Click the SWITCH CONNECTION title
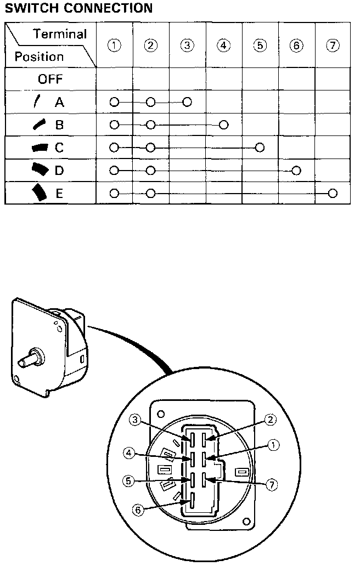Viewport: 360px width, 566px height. point(78,8)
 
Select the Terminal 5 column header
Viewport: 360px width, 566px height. point(260,46)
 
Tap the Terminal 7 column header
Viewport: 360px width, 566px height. point(333,46)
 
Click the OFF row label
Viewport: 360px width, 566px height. point(50,79)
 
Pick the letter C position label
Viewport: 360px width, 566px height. point(59,148)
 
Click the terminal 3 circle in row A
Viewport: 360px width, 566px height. point(187,102)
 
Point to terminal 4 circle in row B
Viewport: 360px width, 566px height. point(223,124)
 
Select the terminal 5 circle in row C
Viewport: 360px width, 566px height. point(260,148)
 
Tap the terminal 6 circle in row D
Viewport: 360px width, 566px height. point(296,171)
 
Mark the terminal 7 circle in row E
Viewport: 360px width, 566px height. point(333,193)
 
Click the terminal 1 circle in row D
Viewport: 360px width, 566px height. point(114,171)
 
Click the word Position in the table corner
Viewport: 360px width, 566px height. point(39,56)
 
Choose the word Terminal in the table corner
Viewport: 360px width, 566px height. point(60,34)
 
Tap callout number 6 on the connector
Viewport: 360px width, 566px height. point(139,510)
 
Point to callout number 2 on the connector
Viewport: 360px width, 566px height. point(269,420)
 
